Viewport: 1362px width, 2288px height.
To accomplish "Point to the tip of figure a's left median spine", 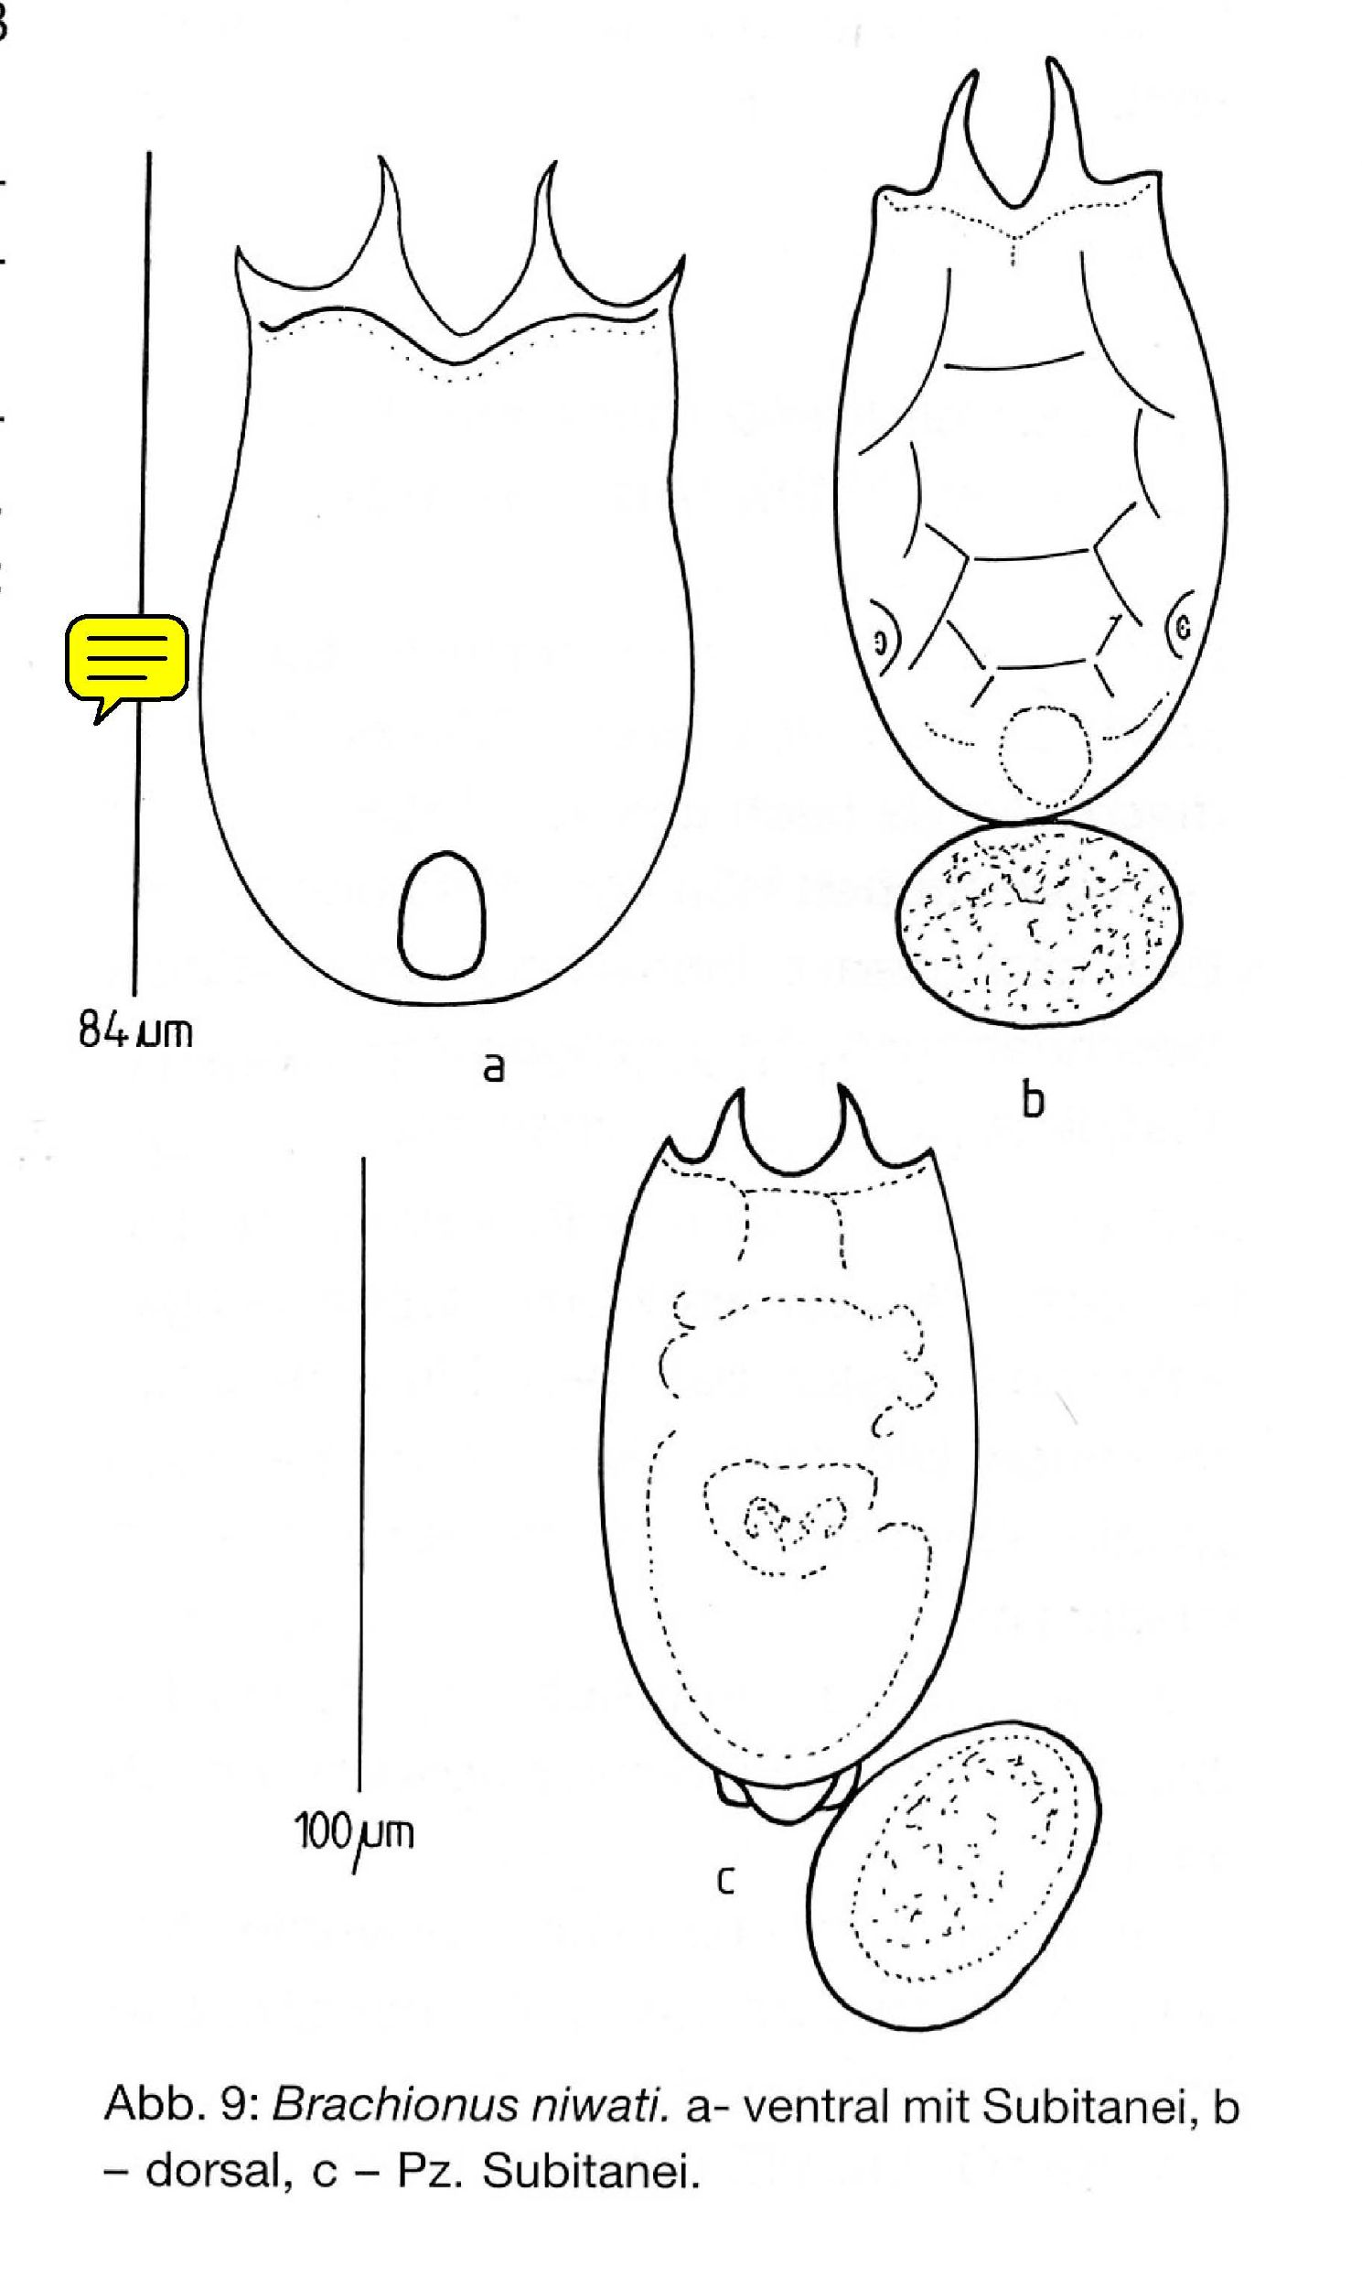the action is pyautogui.click(x=381, y=158).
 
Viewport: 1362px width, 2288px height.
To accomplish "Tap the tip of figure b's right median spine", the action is pyautogui.click(x=1055, y=60).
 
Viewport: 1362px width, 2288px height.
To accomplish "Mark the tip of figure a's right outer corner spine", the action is pyautogui.click(x=683, y=256).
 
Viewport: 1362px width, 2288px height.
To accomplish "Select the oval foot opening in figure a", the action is pyautogui.click(x=442, y=913).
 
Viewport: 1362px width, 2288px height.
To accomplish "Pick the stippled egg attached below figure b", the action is pyautogui.click(x=1038, y=923).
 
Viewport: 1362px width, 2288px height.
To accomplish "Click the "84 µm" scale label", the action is pyautogui.click(x=135, y=1032).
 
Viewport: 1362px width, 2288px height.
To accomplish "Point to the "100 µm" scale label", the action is pyautogui.click(x=353, y=1833).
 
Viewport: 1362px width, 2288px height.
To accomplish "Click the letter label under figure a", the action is pyautogui.click(x=494, y=1067).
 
